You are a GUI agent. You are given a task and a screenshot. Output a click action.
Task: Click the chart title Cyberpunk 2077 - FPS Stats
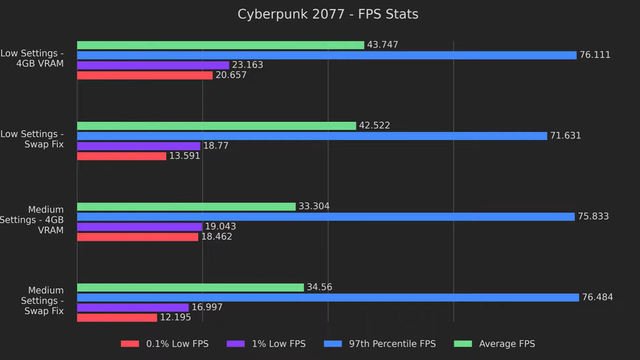point(328,14)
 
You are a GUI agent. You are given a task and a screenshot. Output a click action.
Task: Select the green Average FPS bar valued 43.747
point(220,45)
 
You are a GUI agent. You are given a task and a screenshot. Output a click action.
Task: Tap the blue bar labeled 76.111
point(326,55)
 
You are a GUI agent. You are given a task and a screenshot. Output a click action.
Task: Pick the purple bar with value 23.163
point(153,66)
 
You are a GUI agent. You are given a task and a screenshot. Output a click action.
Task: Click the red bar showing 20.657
point(145,76)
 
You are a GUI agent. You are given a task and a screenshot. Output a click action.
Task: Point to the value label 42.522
point(374,126)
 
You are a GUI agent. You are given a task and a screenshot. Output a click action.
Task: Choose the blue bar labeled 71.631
point(312,136)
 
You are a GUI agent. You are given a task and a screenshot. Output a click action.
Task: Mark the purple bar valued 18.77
point(139,146)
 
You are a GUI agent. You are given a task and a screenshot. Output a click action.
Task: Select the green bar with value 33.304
point(186,206)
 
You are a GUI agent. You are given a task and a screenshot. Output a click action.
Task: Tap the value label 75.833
point(593,217)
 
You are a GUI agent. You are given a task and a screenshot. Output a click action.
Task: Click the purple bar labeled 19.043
point(139,227)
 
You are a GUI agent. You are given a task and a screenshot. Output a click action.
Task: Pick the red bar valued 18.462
point(137,237)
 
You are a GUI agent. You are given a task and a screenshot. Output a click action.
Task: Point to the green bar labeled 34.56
point(190,288)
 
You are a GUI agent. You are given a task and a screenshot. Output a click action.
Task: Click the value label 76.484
point(597,298)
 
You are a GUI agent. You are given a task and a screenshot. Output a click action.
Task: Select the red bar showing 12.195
point(117,318)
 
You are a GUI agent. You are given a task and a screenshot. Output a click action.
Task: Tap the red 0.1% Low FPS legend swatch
point(130,344)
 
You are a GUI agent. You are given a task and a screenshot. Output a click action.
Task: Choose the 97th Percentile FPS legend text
point(392,344)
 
